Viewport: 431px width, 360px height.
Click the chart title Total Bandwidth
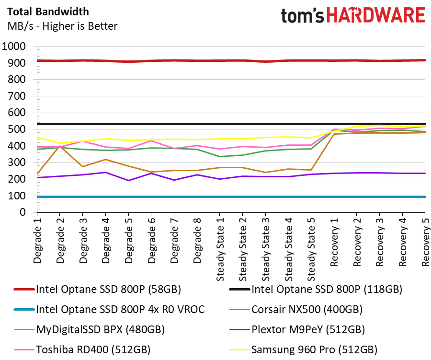click(48, 12)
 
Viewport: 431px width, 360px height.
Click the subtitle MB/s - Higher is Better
click(62, 26)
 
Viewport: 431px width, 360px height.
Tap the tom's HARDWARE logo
click(353, 15)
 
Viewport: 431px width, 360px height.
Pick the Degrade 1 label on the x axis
click(37, 240)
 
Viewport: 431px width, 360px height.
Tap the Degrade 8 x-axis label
click(197, 240)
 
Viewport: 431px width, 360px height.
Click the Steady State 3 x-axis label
click(265, 249)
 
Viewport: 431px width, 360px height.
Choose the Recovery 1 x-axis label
click(334, 242)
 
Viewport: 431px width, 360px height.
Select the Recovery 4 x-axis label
click(402, 242)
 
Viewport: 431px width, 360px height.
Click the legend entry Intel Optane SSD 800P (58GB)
click(98, 289)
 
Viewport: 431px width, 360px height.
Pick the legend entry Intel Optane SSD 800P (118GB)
click(316, 289)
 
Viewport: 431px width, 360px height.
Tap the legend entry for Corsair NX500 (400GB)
click(296, 309)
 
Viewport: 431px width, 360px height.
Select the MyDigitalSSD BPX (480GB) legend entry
click(90, 329)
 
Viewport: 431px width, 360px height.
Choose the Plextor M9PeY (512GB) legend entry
click(297, 329)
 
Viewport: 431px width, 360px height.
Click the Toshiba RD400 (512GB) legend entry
click(82, 349)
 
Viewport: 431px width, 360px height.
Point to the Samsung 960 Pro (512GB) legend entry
click(304, 349)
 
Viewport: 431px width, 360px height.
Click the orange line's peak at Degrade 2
click(60, 146)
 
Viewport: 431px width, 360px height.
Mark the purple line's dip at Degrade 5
click(128, 180)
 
